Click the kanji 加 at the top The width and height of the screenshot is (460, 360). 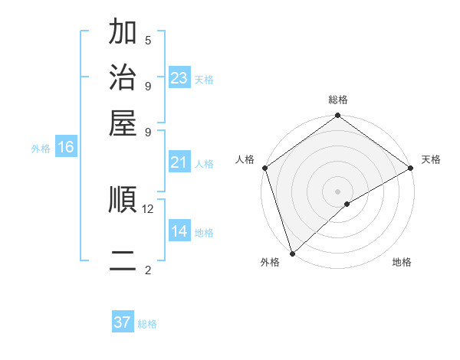(123, 33)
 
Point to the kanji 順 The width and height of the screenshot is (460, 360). (123, 201)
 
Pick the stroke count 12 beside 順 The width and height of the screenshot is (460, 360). (148, 208)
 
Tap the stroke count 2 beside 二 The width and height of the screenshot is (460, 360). (148, 270)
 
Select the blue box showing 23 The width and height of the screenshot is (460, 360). (179, 77)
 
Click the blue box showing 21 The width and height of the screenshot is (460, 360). (179, 162)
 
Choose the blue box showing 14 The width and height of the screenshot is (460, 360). (179, 231)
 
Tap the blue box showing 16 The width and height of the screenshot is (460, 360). (66, 148)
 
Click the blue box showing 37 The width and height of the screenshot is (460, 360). (123, 322)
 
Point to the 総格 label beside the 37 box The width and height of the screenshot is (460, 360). (148, 324)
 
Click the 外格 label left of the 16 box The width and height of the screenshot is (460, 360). (41, 149)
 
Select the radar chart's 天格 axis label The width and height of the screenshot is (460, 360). (431, 159)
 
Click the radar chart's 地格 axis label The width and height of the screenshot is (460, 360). (402, 263)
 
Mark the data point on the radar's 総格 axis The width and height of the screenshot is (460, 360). (337, 116)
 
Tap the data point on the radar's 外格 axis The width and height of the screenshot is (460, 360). (292, 253)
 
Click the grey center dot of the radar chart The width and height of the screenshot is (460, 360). (337, 191)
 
